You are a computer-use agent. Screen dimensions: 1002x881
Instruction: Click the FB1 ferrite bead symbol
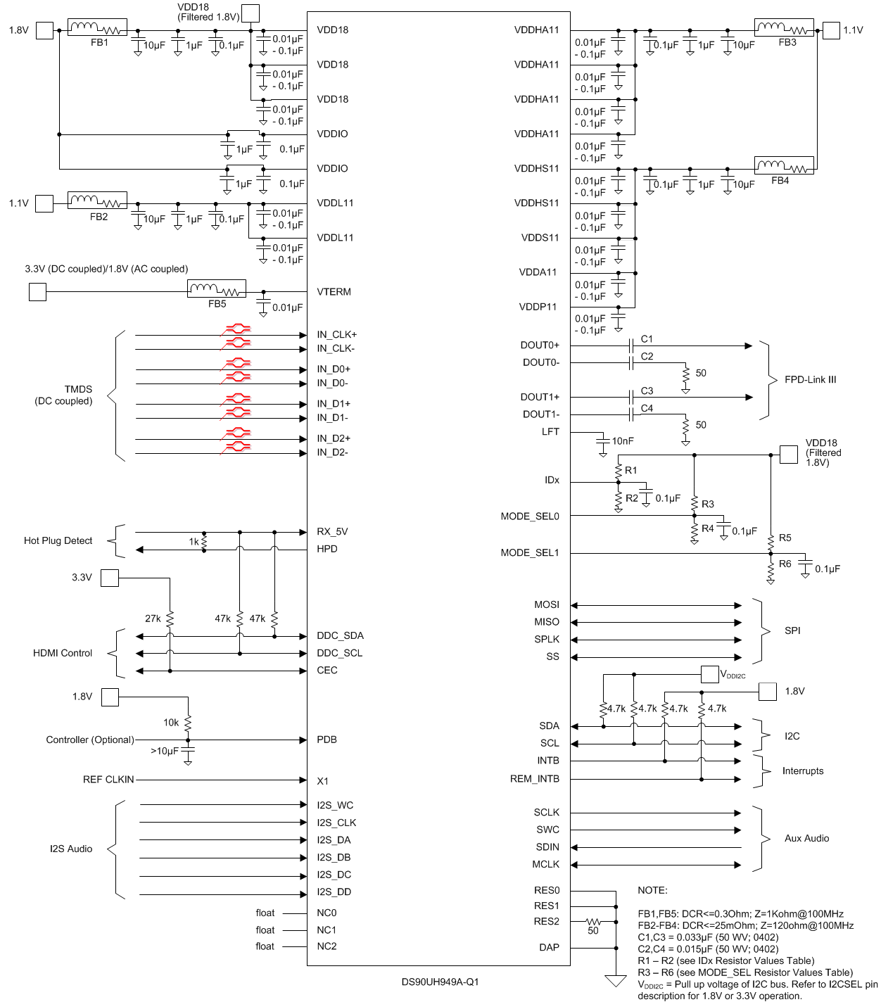point(97,28)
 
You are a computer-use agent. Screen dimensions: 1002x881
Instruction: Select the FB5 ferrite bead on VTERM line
point(216,288)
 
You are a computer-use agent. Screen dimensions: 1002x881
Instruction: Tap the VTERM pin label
point(334,292)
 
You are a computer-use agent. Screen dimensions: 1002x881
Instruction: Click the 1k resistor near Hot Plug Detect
point(204,542)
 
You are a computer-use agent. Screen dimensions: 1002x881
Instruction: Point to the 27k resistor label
point(153,619)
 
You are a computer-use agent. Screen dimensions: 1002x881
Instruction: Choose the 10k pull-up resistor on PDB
point(188,723)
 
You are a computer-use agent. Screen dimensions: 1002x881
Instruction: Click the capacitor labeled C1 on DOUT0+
point(632,345)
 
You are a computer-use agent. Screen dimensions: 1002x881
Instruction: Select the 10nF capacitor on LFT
point(602,441)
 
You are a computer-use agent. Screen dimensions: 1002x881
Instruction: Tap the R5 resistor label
point(785,538)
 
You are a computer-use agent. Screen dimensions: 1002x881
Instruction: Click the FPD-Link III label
point(810,380)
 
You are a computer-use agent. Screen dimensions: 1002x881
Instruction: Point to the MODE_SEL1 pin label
point(529,553)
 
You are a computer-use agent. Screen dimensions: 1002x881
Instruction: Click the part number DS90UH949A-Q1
point(440,982)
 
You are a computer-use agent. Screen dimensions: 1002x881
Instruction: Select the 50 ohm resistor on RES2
point(593,921)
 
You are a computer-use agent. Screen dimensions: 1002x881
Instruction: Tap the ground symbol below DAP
point(616,980)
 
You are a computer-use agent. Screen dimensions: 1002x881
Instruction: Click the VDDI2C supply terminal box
point(709,674)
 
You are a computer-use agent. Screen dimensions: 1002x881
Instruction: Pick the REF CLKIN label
point(108,780)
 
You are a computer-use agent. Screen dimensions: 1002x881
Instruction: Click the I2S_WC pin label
point(335,806)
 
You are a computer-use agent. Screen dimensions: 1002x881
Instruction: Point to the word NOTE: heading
point(652,891)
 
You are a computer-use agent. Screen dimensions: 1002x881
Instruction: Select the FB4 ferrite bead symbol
point(784,165)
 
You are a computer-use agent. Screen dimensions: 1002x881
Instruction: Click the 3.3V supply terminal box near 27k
point(110,578)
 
